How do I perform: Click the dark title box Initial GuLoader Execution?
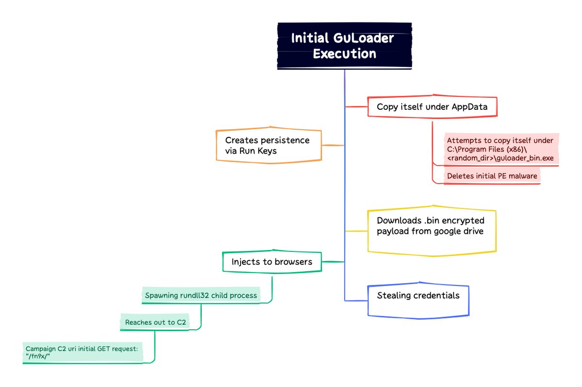point(344,46)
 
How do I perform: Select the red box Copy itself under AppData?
point(432,107)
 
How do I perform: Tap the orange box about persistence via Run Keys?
point(268,145)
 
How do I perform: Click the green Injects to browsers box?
point(272,262)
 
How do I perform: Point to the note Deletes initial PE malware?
point(492,176)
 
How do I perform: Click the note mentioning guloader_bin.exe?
point(500,150)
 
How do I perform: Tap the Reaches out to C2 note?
point(155,322)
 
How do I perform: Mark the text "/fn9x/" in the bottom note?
point(38,357)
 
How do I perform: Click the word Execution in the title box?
point(344,53)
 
